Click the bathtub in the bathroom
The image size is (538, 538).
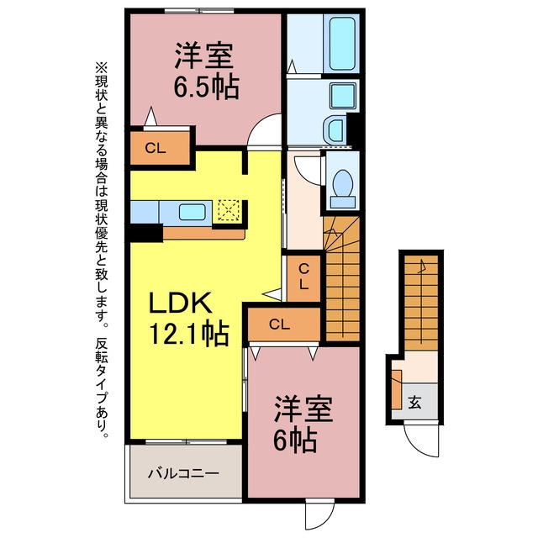pyautogui.click(x=341, y=43)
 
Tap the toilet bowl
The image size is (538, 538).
pyautogui.click(x=343, y=182)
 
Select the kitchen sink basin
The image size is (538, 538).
pyautogui.click(x=193, y=213)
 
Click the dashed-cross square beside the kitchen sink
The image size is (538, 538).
pyautogui.click(x=229, y=211)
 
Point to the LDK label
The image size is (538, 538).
pyautogui.click(x=180, y=303)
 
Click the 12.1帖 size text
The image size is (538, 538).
pyautogui.click(x=188, y=333)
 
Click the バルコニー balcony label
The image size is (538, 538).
pyautogui.click(x=183, y=474)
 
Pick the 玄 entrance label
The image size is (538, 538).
pyautogui.click(x=414, y=402)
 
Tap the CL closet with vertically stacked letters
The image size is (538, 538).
pyautogui.click(x=303, y=278)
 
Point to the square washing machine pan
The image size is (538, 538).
pyautogui.click(x=342, y=95)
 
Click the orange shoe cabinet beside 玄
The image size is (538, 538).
pyautogui.click(x=397, y=390)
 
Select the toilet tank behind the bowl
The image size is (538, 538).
pyautogui.click(x=343, y=202)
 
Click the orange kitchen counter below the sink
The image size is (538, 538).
pyautogui.click(x=203, y=234)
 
